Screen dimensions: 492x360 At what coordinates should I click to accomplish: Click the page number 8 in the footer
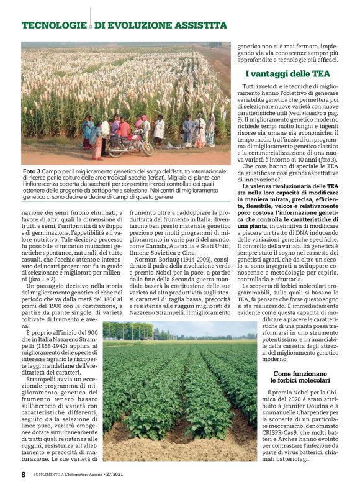[x=24, y=474]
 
